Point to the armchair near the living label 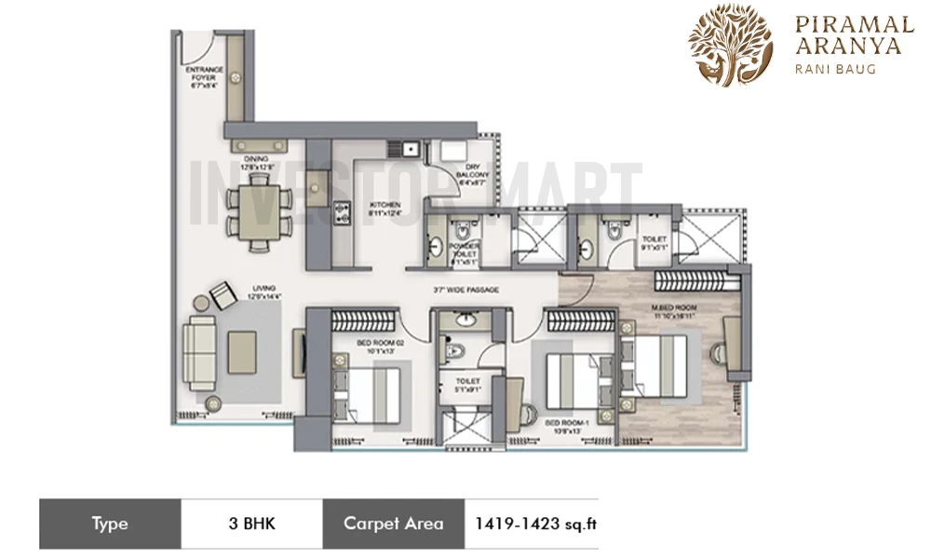pos(223,296)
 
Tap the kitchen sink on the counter pos(406,147)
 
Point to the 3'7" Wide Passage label pos(465,291)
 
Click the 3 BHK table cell pos(251,524)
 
